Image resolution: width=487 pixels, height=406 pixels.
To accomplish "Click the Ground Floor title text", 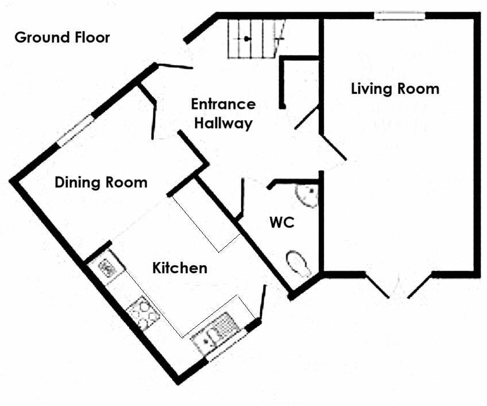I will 62,38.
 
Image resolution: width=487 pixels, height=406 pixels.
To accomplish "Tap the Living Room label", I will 395,89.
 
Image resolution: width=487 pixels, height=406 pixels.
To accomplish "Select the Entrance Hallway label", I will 223,113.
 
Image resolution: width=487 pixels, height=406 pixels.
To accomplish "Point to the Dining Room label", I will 101,183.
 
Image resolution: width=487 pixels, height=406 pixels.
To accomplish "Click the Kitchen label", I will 179,268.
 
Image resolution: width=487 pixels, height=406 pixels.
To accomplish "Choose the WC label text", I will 282,223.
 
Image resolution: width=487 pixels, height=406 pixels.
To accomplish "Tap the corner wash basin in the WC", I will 308,194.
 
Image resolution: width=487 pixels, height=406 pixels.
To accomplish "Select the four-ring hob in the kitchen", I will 143,312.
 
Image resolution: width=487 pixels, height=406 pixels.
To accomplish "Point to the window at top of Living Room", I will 400,16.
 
